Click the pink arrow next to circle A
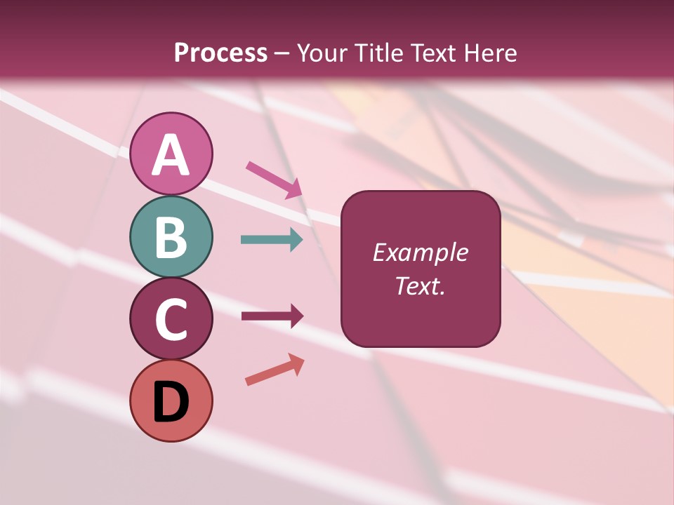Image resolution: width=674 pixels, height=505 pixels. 274,179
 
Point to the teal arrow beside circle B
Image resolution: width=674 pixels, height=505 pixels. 272,240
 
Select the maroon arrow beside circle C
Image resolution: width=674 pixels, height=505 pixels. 272,316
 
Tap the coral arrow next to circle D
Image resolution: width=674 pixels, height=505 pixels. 275,370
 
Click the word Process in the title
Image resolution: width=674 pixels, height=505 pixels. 220,53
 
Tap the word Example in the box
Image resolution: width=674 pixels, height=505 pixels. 420,252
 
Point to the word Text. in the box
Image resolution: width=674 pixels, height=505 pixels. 420,285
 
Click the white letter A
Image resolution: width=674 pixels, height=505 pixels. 171,155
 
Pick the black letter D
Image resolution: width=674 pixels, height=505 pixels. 171,402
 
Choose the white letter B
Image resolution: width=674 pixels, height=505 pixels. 171,237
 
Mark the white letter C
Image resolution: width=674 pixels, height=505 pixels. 171,320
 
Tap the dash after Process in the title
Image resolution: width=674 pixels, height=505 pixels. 282,53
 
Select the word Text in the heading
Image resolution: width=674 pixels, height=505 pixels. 432,53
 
